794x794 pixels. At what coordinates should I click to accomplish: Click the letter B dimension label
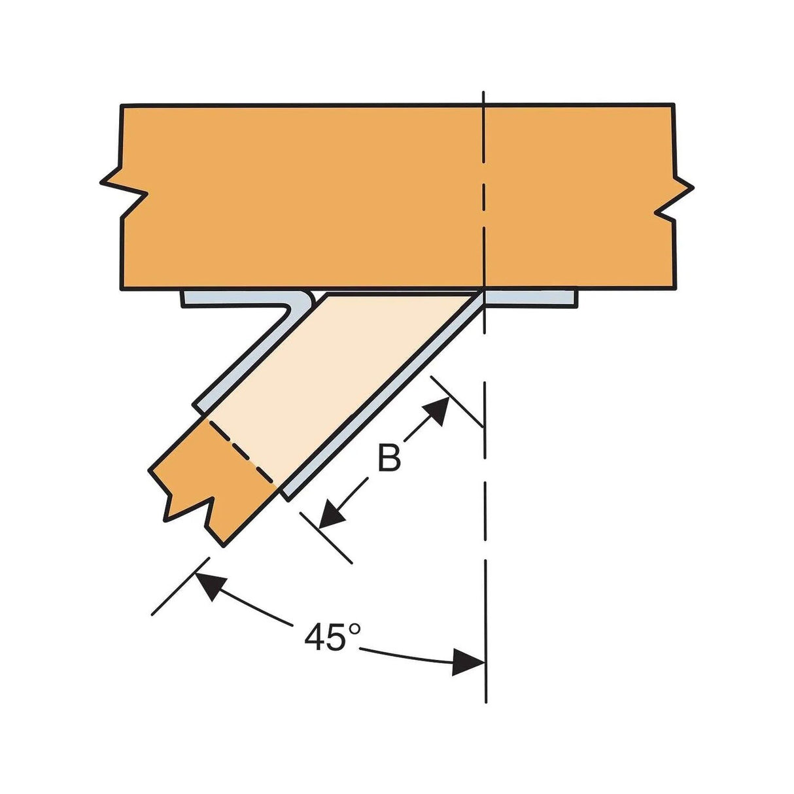coord(389,458)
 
